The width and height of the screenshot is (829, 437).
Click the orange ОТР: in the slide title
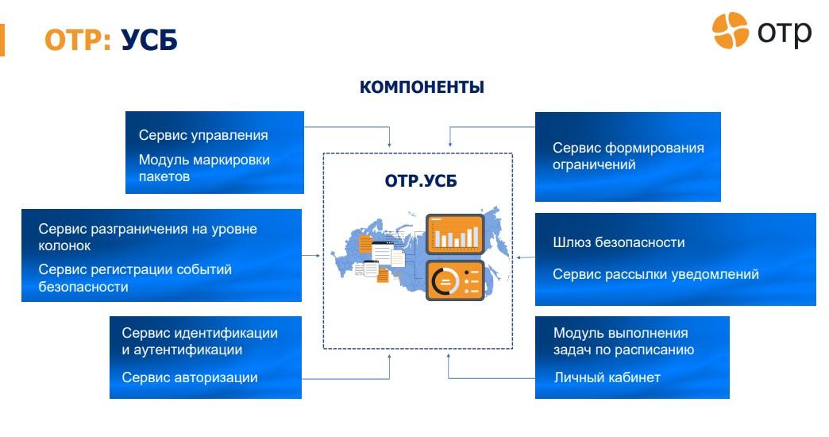[x=77, y=39]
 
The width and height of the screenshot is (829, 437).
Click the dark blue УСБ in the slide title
[x=148, y=39]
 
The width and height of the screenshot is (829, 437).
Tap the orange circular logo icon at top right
[x=730, y=30]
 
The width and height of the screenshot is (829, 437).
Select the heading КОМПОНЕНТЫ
[x=422, y=87]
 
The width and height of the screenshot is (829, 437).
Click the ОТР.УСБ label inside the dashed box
[x=421, y=182]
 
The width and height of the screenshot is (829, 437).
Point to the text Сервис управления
[x=203, y=135]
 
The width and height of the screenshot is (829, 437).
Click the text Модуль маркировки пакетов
[x=204, y=168]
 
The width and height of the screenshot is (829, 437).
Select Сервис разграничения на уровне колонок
[x=148, y=237]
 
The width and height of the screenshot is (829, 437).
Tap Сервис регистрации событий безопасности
[x=135, y=278]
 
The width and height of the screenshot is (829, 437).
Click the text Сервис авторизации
[x=190, y=377]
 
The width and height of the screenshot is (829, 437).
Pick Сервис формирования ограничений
[x=628, y=156]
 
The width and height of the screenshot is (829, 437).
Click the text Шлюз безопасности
[x=619, y=242]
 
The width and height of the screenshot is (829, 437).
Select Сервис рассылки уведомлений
[x=655, y=274]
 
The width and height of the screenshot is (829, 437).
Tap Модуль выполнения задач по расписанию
[x=623, y=341]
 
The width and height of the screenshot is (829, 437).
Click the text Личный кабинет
[x=607, y=377]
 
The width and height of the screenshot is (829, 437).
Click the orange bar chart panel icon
[x=455, y=234]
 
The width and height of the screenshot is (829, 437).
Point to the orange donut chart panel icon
[x=455, y=280]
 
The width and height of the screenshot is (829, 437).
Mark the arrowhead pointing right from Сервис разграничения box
[x=318, y=256]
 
